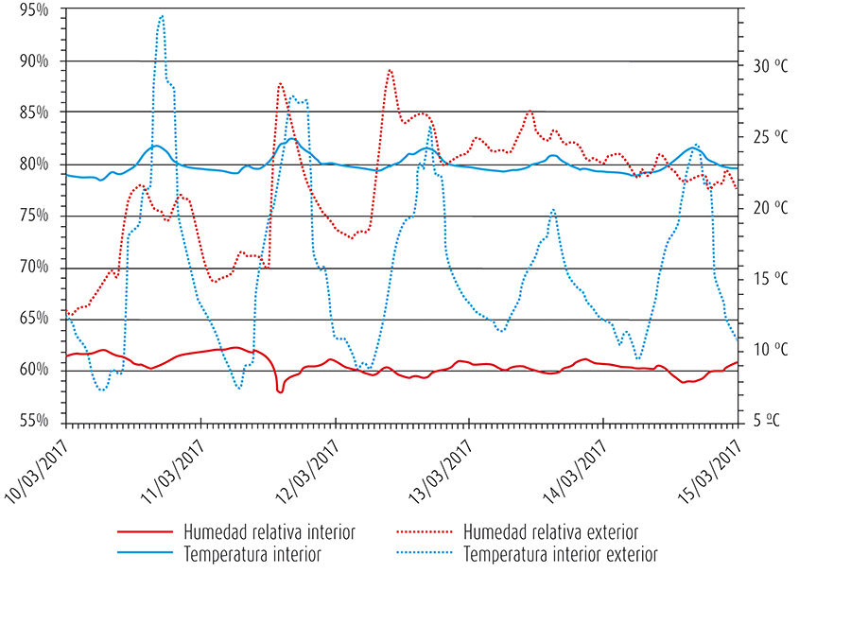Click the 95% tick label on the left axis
point(34,9)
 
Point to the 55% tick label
point(34,421)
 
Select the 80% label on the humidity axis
point(34,164)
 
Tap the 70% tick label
point(34,267)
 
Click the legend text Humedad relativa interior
point(269,532)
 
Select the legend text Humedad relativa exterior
point(551,532)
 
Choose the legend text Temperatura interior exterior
point(561,554)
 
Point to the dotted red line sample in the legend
point(425,532)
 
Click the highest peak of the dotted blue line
point(162,16)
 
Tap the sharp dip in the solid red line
point(280,390)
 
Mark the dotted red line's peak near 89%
point(390,70)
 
